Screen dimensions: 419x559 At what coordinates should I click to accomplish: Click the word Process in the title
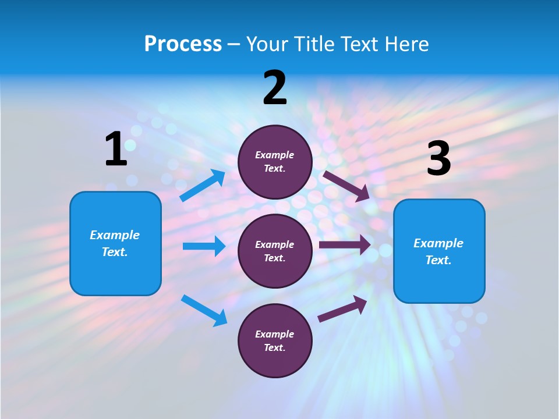pos(183,44)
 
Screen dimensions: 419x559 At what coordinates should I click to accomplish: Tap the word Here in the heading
pos(405,44)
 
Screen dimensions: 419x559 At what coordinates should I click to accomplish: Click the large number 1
pos(115,150)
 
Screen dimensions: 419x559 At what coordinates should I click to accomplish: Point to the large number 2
pos(275,88)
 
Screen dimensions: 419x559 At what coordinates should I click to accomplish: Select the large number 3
pos(438,159)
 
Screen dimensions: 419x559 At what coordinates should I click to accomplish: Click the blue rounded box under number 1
pos(115,243)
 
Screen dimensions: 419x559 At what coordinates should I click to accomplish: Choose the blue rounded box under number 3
pos(439,251)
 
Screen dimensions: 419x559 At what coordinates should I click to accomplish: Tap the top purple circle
pos(275,162)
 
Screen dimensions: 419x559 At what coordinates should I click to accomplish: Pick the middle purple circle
pos(275,251)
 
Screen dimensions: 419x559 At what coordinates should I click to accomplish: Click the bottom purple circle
pos(275,340)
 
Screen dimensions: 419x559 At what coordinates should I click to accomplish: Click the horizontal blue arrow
pos(204,246)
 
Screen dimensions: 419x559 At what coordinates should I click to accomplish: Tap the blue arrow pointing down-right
pos(204,310)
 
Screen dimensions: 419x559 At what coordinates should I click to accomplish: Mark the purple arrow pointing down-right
pos(346,186)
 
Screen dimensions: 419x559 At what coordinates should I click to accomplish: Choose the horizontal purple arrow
pos(344,245)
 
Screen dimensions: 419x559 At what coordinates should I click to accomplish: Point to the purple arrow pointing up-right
pos(342,308)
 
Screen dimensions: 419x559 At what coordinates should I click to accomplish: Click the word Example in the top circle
pos(275,155)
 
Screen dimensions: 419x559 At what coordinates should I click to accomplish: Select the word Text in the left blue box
pos(115,252)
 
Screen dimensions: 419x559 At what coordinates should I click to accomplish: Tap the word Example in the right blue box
pos(438,243)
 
